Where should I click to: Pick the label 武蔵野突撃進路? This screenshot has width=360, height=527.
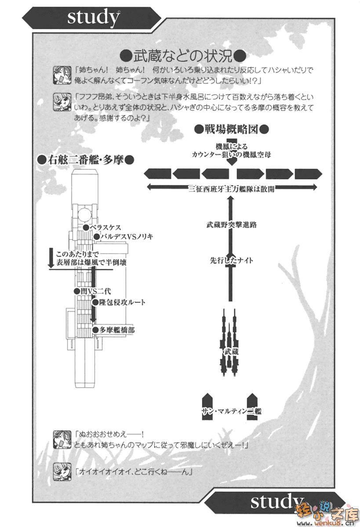232,224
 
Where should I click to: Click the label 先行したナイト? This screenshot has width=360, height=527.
232,260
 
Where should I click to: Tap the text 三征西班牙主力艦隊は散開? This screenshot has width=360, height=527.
232,188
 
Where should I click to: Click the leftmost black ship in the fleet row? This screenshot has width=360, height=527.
156,173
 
